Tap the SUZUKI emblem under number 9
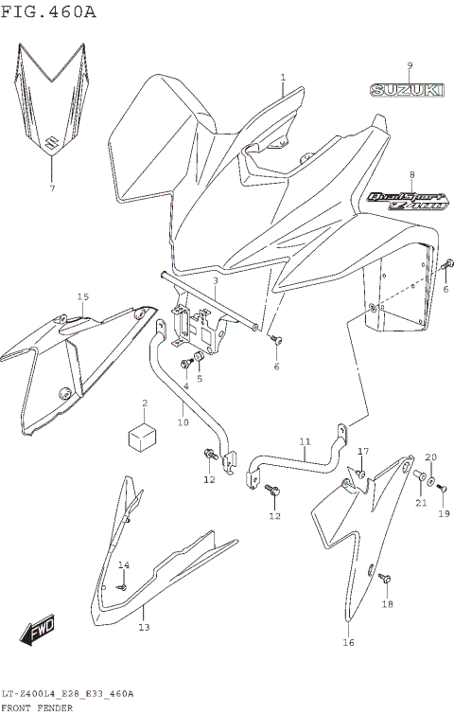coord(406,91)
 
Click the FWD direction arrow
coord(42,633)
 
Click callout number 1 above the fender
coord(282,77)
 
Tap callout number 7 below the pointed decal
coord(52,188)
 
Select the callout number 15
coord(82,297)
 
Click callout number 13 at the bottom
coord(144,627)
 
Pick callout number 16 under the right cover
coord(348,643)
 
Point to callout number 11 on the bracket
coord(305,441)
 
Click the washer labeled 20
coord(431,472)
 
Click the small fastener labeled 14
coord(121,587)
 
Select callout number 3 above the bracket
coord(215,281)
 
